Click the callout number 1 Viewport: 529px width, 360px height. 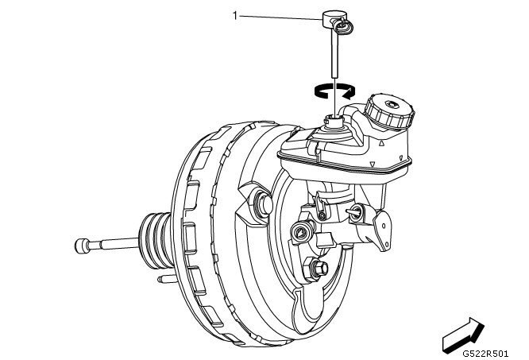point(235,14)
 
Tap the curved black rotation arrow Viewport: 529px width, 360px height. point(334,91)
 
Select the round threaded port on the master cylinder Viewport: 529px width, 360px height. point(300,231)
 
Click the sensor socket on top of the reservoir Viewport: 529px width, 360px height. point(334,120)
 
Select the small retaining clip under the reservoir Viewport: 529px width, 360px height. point(320,210)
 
